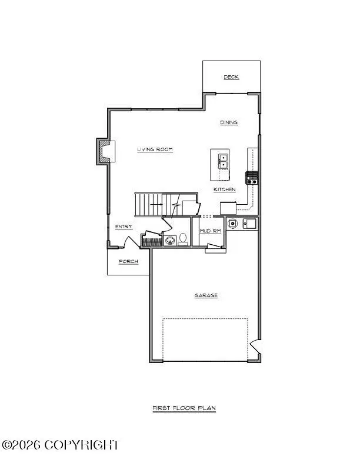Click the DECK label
[x=231, y=77]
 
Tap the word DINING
[x=229, y=123]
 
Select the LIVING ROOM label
[x=155, y=149]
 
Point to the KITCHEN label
[x=224, y=189]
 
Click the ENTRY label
[x=124, y=227]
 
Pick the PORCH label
[x=128, y=261]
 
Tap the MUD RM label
[x=210, y=231]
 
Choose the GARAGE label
[x=206, y=295]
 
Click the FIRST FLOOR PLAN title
[x=184, y=408]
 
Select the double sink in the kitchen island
[x=224, y=158]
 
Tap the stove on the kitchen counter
[x=252, y=178]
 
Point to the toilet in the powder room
[x=183, y=239]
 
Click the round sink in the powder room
[x=169, y=240]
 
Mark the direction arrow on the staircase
[x=156, y=204]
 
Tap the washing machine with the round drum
[x=233, y=223]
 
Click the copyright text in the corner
[x=61, y=445]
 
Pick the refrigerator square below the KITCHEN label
[x=228, y=208]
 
